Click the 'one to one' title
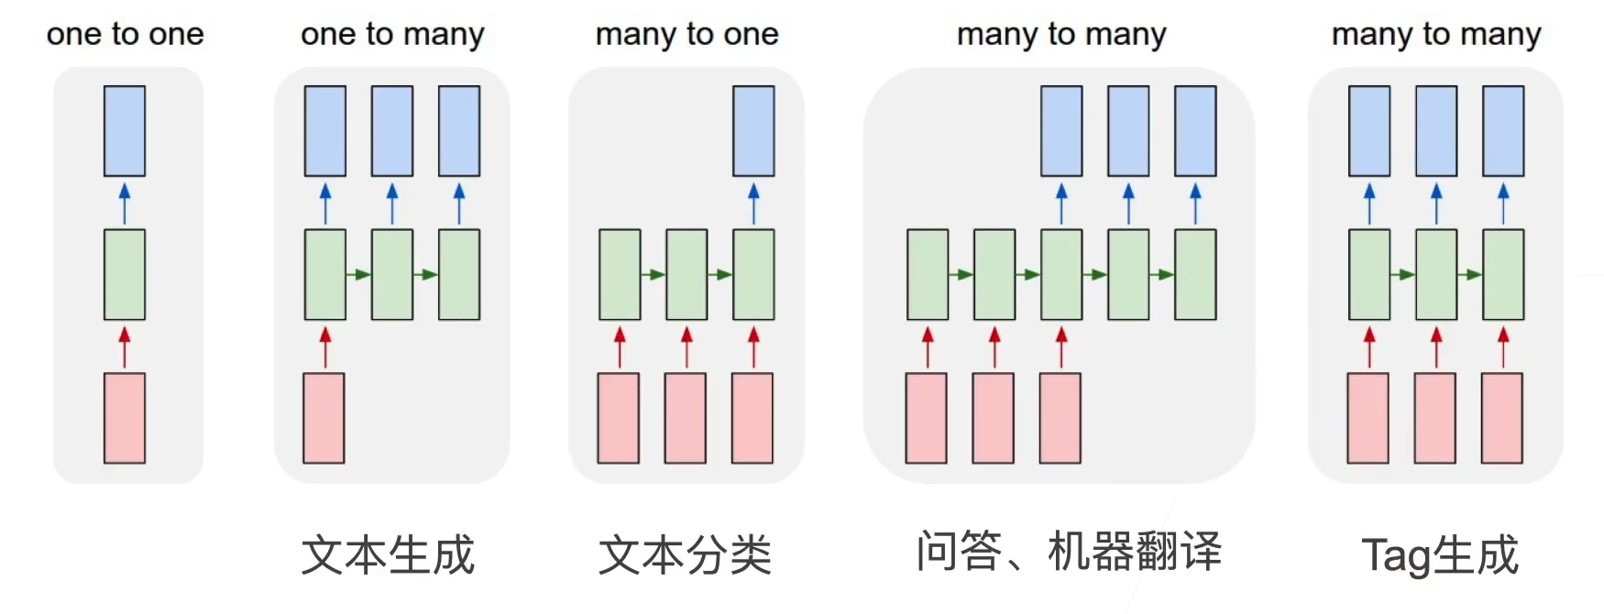pos(125,34)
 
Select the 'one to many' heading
pos(392,34)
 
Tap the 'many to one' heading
pos(687,34)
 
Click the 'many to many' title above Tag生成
pos(1436,34)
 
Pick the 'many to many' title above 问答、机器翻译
pos(1061,34)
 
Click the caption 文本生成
pos(388,554)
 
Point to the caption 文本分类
pos(685,554)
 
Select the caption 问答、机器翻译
pos(1069,552)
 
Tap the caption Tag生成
pos(1440,554)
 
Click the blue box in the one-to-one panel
pos(125,131)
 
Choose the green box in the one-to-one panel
pos(125,274)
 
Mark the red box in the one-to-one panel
pos(125,418)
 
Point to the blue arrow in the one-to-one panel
pos(125,203)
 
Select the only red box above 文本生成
pos(324,418)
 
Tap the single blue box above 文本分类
pos(753,131)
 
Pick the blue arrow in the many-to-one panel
pos(753,203)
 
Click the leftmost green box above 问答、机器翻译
pos(928,274)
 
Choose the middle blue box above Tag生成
pos(1436,131)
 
